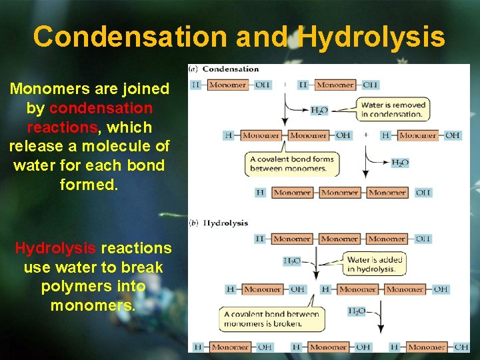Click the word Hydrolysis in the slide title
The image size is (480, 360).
[x=371, y=36]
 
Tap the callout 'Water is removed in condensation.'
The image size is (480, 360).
[x=393, y=109]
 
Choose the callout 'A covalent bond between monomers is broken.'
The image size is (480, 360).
[x=271, y=319]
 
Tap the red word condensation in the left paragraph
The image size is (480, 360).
[x=101, y=108]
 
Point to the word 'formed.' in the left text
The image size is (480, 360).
[x=89, y=184]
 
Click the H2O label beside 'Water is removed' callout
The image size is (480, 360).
[x=319, y=111]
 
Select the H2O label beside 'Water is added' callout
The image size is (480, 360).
[x=292, y=261]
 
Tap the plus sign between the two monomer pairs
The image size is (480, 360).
[x=366, y=135]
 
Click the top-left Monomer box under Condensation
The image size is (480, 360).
[x=227, y=85]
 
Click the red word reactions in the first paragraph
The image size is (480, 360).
[x=54, y=127]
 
